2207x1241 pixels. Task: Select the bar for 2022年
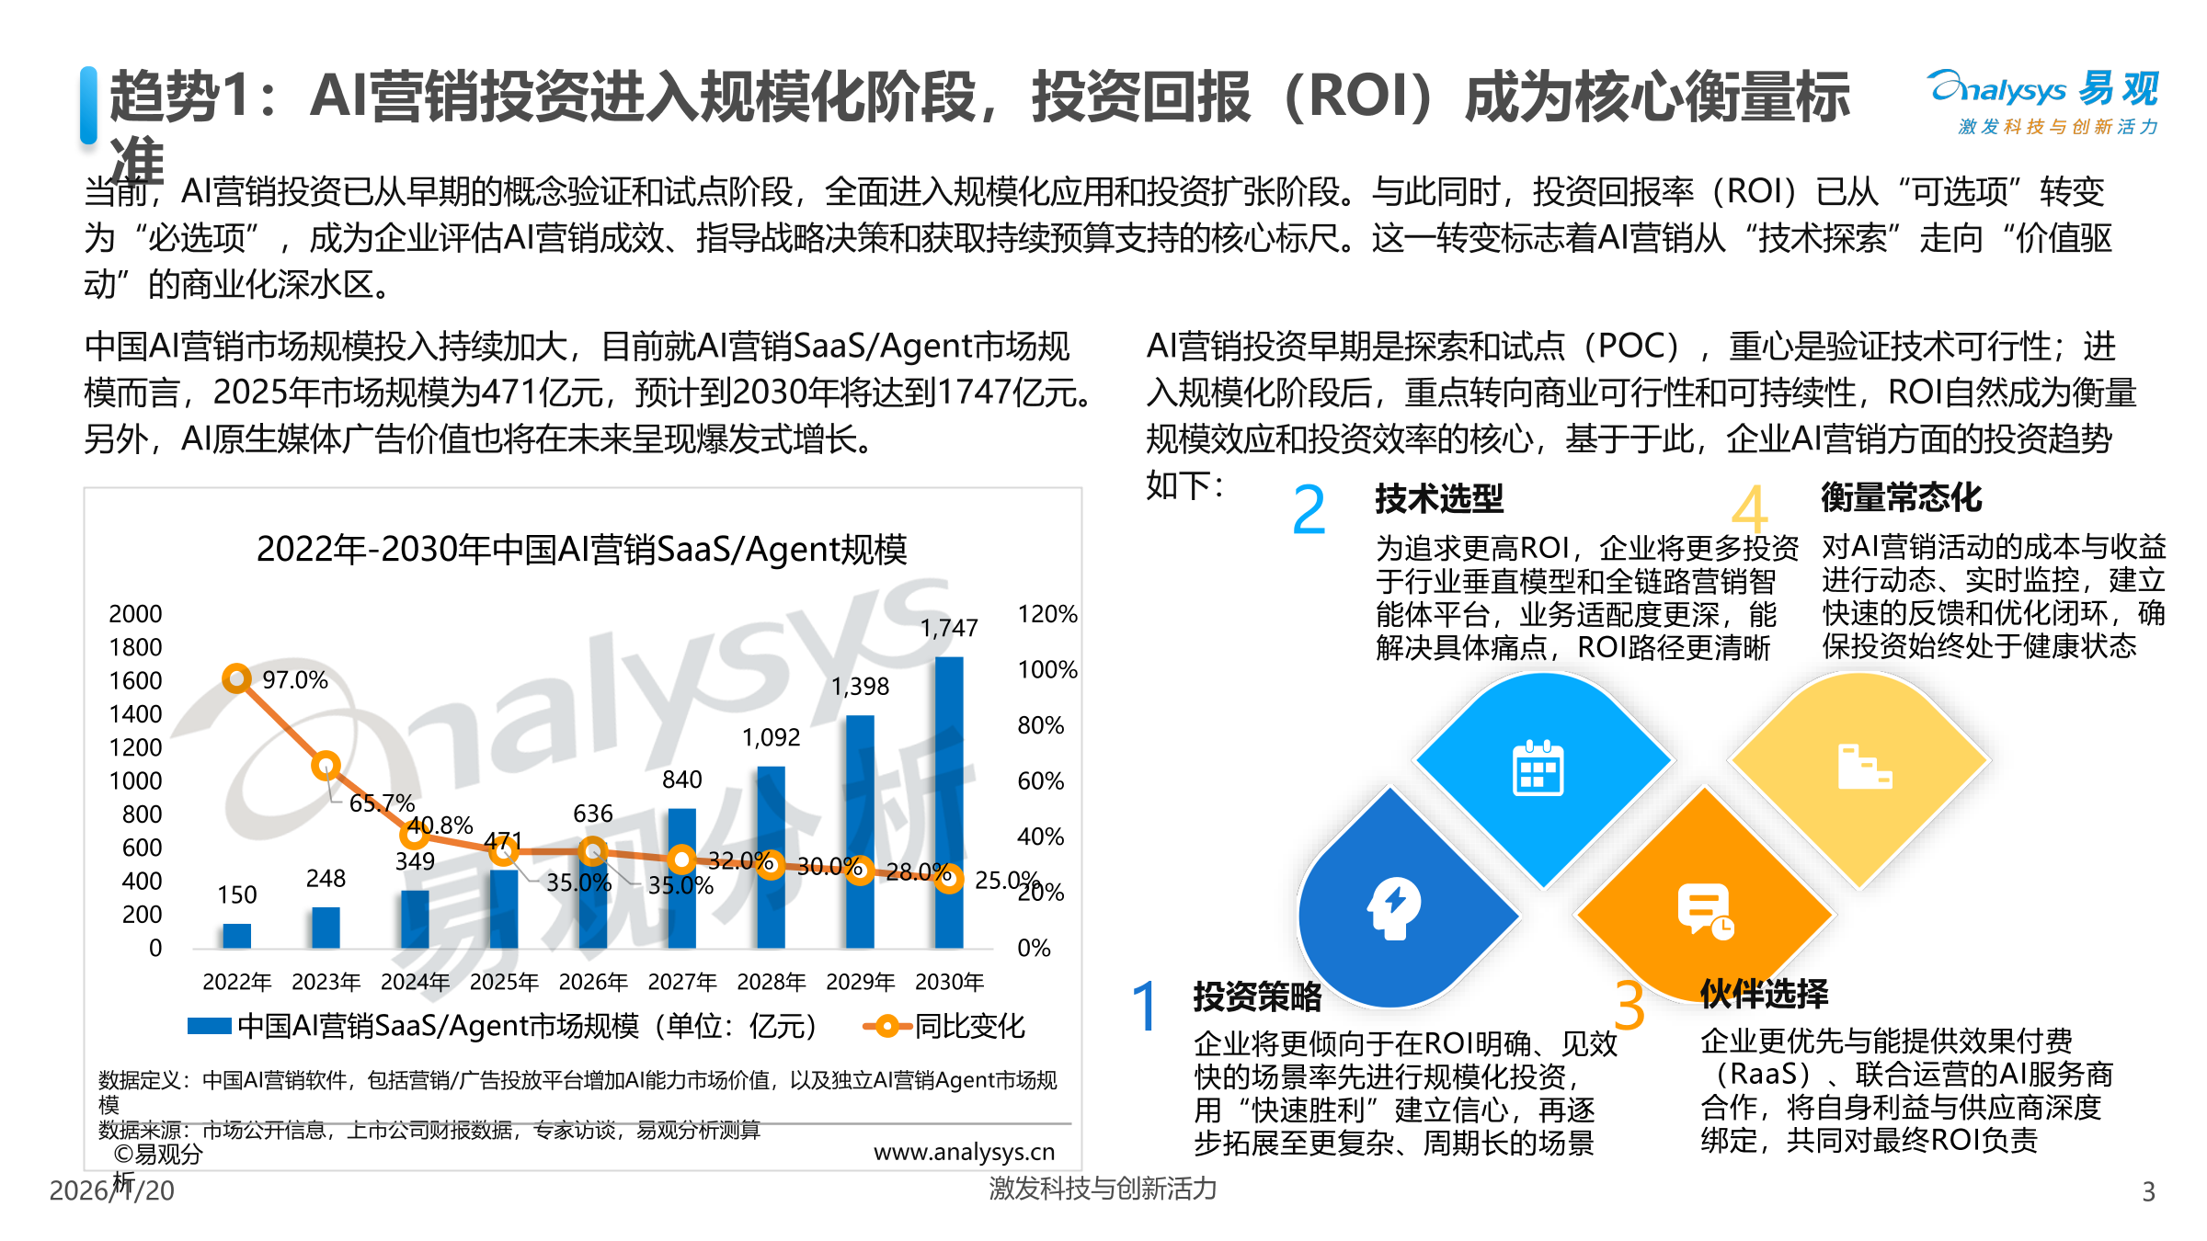pos(236,936)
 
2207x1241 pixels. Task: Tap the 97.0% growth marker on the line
pos(236,678)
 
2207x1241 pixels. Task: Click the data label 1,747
pos(949,628)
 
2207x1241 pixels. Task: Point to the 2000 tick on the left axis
pos(135,613)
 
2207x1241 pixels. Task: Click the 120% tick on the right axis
pos(1046,613)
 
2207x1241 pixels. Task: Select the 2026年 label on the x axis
pos(593,982)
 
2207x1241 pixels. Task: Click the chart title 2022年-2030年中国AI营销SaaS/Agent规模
pos(581,549)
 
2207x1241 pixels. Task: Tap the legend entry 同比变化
pos(968,1026)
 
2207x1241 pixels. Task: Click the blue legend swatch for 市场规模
pos(209,1026)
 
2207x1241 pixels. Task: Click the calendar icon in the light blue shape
pos(1538,768)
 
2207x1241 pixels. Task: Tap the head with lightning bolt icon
pos(1394,908)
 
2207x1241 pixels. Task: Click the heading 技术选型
pos(1439,498)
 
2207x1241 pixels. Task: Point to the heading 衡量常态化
pos(1901,497)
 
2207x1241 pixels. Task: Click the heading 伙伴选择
pos(1764,993)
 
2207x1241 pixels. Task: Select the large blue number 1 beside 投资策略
pos(1145,1006)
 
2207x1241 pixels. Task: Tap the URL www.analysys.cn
pos(964,1152)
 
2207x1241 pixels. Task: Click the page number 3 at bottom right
pos(2148,1191)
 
